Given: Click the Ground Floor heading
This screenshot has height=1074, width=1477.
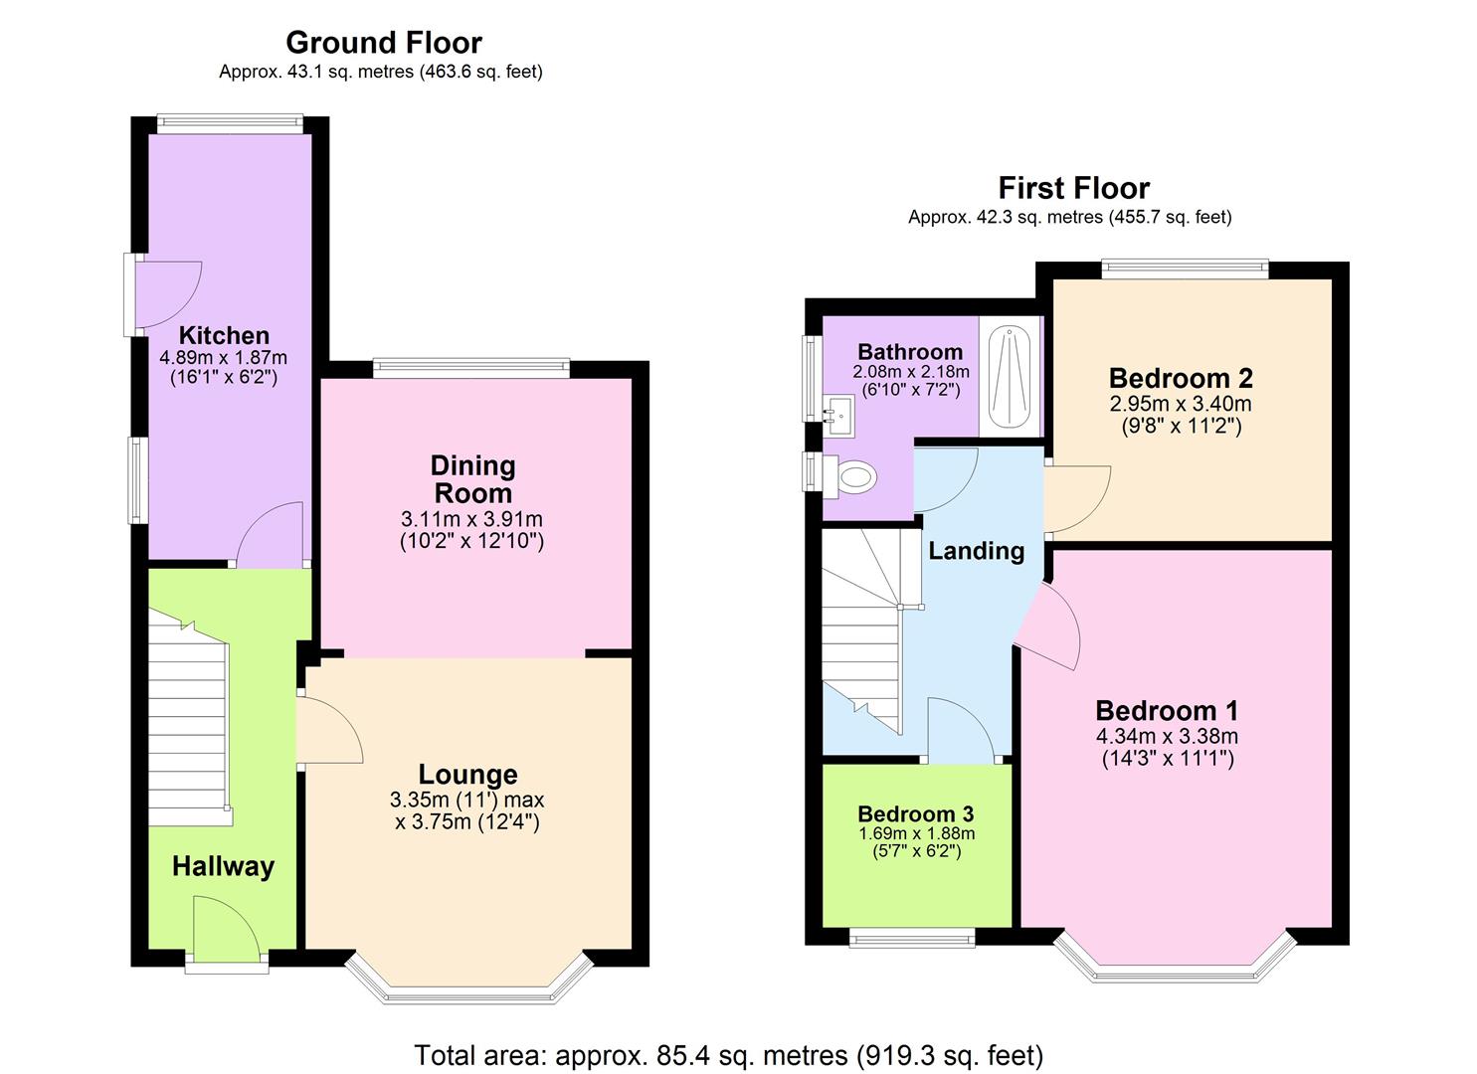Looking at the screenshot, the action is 384,43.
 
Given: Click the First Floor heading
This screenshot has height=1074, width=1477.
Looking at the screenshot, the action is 1074,188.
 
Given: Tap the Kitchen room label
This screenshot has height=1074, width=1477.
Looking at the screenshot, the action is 224,335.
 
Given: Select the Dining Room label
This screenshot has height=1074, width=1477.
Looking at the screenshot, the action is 472,479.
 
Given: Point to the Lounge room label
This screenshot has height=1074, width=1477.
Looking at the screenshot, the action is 468,775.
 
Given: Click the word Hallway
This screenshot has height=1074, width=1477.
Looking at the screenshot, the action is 223,867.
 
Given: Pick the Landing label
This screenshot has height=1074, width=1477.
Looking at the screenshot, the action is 977,551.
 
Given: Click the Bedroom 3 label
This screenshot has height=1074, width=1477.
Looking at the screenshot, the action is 916,814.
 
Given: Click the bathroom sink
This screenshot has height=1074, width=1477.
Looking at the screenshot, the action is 838,417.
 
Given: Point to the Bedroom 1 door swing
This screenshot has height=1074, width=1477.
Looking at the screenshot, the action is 1049,626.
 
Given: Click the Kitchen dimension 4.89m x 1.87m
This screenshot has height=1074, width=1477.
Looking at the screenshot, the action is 224,358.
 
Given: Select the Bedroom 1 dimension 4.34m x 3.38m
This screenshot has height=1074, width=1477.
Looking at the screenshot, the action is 1167,736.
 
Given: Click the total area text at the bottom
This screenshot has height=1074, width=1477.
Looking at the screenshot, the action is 729,1055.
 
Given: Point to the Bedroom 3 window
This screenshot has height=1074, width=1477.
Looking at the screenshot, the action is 912,937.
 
